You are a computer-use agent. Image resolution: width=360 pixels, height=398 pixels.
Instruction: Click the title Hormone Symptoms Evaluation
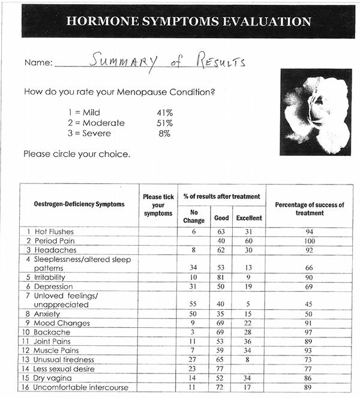coord(189,22)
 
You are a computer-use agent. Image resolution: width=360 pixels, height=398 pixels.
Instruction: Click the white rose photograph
coord(315,111)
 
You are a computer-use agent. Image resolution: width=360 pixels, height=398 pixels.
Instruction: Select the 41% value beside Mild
coord(164,112)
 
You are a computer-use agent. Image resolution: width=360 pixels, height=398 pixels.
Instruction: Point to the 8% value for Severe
coord(164,134)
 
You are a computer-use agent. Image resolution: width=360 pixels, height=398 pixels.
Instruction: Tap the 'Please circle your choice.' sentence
coord(77,154)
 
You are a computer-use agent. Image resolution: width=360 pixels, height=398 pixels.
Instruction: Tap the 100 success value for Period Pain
coord(309,240)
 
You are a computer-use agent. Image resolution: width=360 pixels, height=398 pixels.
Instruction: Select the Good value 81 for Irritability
coord(221,278)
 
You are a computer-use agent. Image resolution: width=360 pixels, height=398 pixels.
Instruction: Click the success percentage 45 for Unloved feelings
coord(309,304)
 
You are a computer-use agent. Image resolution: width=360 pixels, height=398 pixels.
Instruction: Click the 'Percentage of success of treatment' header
coord(309,209)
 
